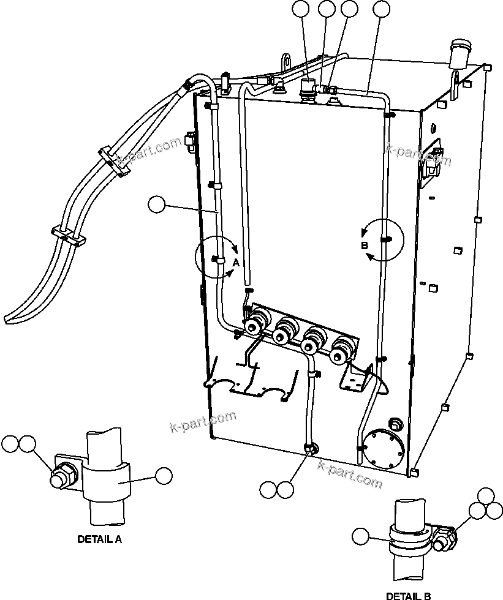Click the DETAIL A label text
coord(99,539)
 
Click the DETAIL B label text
coord(408,595)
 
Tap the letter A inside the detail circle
coord(235,261)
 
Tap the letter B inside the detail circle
coord(364,246)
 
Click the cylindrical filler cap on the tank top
coord(459,54)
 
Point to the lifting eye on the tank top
coord(285,63)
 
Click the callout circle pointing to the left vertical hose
coord(157,204)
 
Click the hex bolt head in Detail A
coord(60,478)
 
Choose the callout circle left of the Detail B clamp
coord(361,536)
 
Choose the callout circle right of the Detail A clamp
coord(164,475)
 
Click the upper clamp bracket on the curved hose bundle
coord(114,162)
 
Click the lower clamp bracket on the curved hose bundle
coord(67,235)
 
